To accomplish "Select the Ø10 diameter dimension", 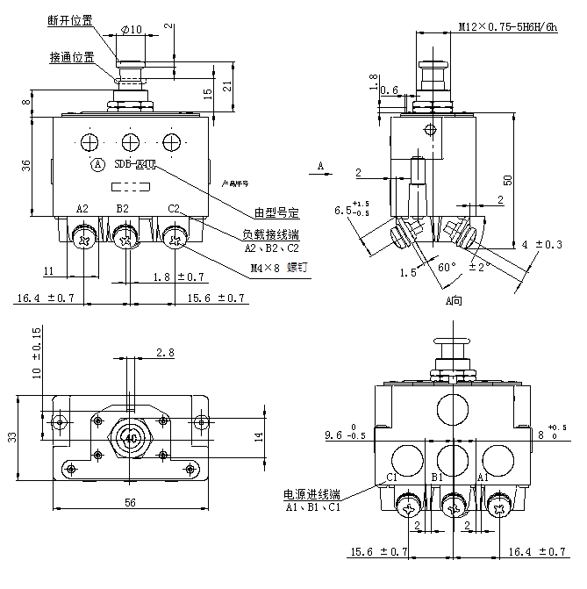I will tap(131, 30).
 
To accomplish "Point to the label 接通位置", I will tap(72, 58).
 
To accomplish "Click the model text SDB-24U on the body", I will tap(134, 163).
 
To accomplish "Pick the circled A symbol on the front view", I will tap(98, 164).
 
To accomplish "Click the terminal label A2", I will tap(82, 209).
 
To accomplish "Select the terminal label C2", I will tap(174, 209).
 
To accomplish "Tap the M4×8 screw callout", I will tap(265, 269).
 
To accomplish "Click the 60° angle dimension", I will tap(447, 267).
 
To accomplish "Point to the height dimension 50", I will tap(508, 179).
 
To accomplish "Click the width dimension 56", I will tap(130, 503).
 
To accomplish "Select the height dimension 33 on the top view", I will tap(12, 436).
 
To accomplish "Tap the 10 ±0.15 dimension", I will tap(36, 353).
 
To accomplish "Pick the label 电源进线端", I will tap(309, 494).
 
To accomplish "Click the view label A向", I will tap(454, 300).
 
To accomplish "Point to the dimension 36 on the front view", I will tap(25, 164).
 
